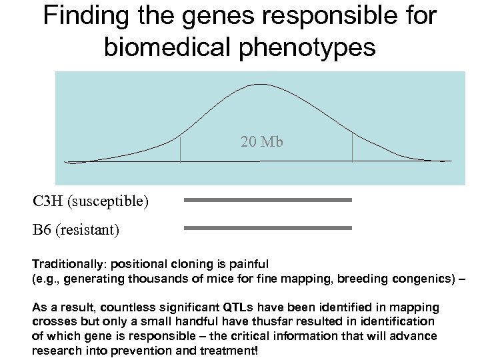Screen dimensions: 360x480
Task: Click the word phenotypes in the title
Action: coord(321,47)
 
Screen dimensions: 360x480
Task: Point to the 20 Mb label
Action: coord(261,141)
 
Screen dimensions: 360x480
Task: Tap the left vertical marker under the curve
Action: coord(180,149)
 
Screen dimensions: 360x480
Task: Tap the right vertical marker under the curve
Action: coord(352,147)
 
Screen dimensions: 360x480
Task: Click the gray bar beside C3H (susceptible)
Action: coord(267,199)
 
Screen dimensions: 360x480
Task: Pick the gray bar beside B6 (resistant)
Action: coord(267,228)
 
